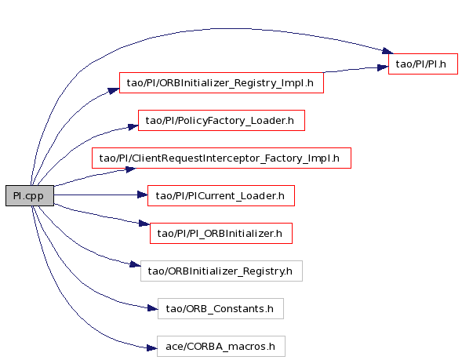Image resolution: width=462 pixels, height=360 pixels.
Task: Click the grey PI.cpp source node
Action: [x=30, y=195]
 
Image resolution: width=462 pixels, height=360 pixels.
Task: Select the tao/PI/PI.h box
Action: [x=423, y=64]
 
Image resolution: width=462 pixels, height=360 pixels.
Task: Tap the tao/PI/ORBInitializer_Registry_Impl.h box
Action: [x=221, y=83]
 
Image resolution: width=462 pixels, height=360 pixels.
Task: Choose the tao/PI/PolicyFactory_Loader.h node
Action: [x=221, y=121]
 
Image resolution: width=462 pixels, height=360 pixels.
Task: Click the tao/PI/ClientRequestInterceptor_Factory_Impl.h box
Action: [x=221, y=158]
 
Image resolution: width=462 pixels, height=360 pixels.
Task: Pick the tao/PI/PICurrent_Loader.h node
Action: [x=221, y=195]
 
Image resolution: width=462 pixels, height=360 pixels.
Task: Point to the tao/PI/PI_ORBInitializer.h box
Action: [x=221, y=233]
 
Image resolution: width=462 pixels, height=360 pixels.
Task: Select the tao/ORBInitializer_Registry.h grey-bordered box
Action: [x=221, y=271]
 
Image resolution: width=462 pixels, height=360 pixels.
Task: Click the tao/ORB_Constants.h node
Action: [x=220, y=309]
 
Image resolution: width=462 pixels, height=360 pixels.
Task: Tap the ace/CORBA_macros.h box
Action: [x=221, y=347]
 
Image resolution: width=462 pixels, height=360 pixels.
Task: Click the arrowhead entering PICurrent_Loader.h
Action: [x=143, y=195]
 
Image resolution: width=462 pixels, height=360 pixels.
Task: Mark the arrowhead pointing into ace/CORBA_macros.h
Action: [x=152, y=348]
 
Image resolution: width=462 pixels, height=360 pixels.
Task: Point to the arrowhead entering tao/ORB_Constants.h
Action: [x=153, y=308]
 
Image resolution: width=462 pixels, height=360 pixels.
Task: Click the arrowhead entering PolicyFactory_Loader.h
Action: [x=133, y=127]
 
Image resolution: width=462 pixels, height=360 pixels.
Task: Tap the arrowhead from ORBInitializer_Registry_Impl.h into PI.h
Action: [x=383, y=67]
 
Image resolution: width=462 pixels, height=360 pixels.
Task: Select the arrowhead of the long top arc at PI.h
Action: [x=387, y=51]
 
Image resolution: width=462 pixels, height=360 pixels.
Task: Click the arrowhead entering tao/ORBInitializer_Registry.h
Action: [x=135, y=264]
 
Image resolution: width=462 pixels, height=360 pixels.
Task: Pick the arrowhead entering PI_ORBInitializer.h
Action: [x=144, y=224]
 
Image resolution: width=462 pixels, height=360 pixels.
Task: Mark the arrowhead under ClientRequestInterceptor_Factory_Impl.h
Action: [x=130, y=169]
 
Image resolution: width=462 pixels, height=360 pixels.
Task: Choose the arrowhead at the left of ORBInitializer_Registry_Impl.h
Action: [x=114, y=90]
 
